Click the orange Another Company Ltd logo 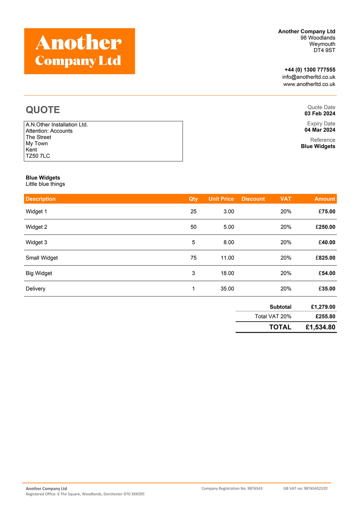tap(80, 51)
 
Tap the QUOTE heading tap(43, 110)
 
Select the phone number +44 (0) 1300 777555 tap(310, 70)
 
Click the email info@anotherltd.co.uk tap(309, 77)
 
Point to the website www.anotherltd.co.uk tap(309, 84)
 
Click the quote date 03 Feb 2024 tap(320, 113)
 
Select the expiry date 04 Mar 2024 tap(320, 130)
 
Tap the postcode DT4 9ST tap(324, 50)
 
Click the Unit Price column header tap(221, 199)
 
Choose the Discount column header tap(253, 199)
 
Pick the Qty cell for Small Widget tap(193, 258)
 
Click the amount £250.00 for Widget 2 tap(325, 227)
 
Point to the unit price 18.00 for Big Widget tap(227, 273)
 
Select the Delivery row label tap(36, 289)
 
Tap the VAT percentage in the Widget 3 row tap(286, 242)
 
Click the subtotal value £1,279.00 tap(323, 307)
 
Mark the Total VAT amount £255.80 tap(325, 316)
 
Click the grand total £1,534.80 tap(320, 327)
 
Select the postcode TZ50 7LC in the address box tap(38, 156)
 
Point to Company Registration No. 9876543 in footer tap(232, 488)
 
